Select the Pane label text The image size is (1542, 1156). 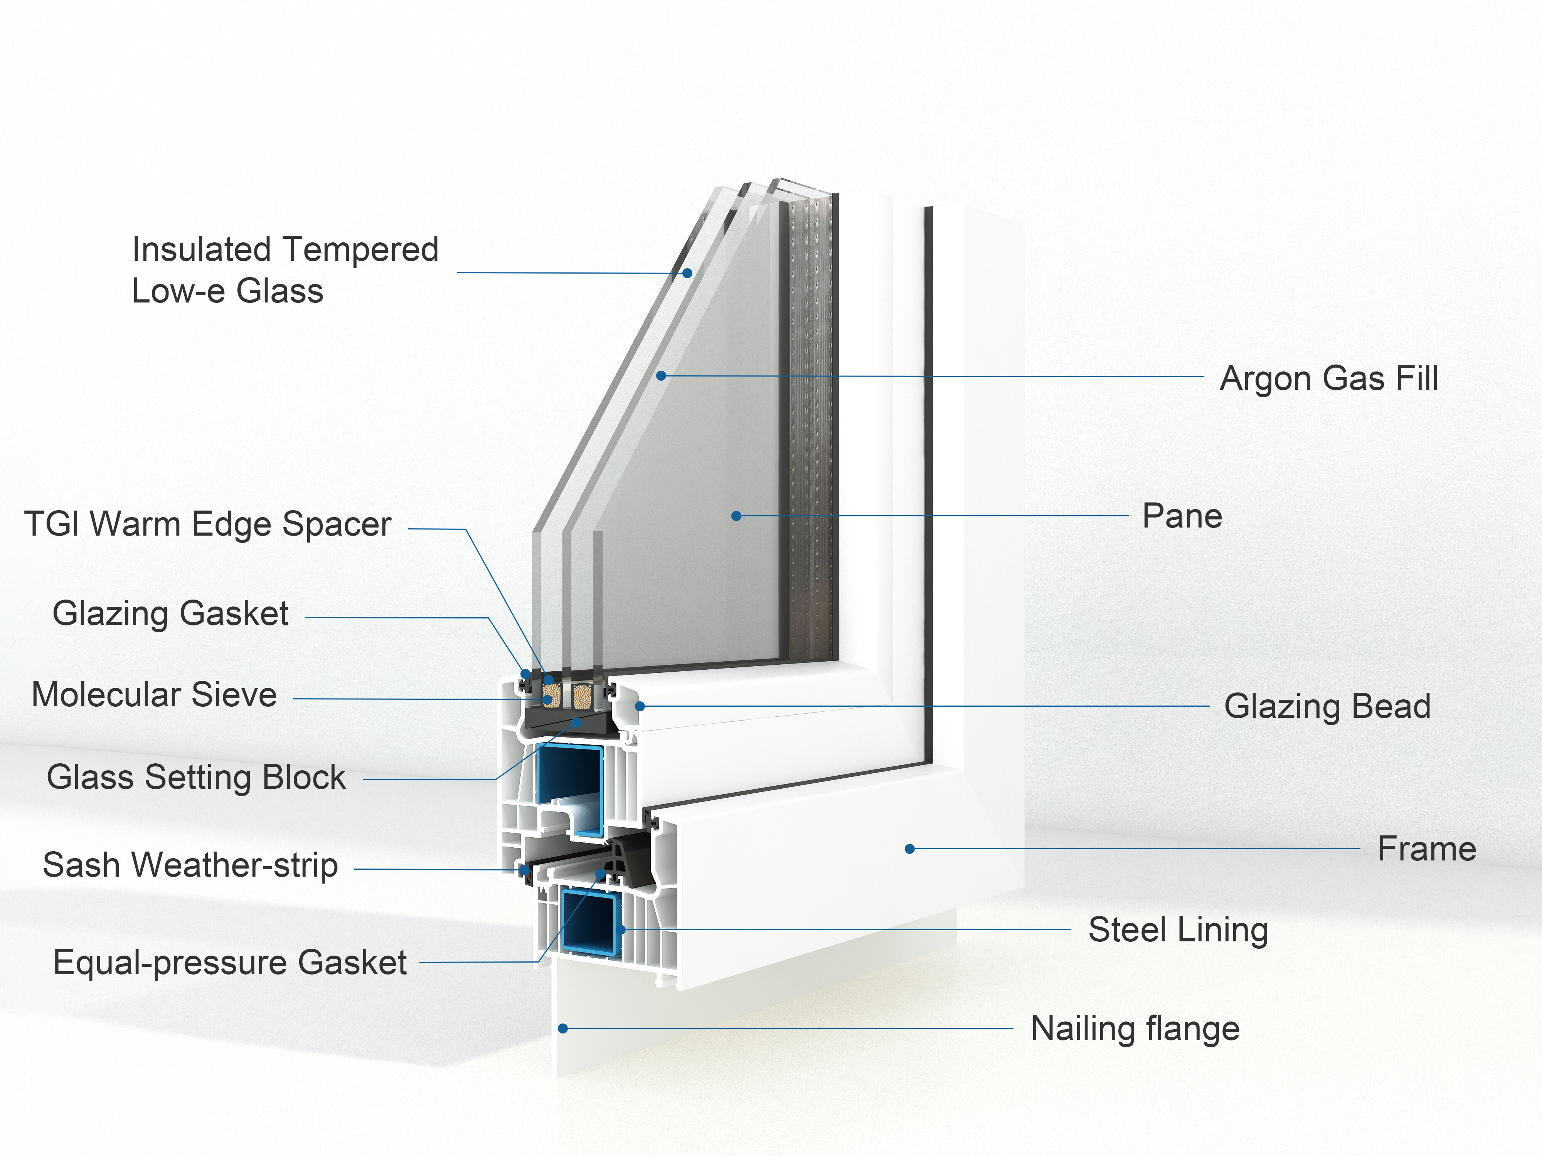[x=1182, y=516]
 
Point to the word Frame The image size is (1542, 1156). [x=1426, y=849]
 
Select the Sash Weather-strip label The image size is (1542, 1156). [x=190, y=865]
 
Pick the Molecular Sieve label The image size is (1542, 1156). [x=154, y=695]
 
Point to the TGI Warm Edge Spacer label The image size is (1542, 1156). [x=208, y=524]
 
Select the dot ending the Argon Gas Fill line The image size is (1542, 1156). [x=661, y=376]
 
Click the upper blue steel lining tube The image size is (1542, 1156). [x=569, y=777]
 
